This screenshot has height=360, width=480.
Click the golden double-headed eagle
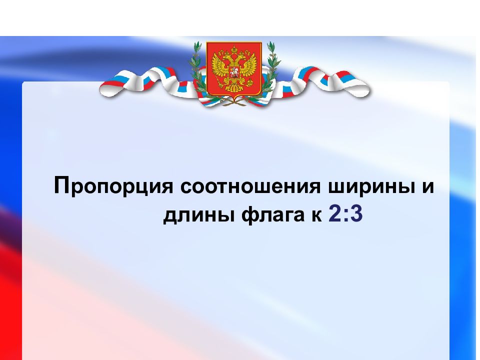click(x=233, y=70)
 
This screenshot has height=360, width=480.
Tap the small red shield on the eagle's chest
click(x=233, y=75)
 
